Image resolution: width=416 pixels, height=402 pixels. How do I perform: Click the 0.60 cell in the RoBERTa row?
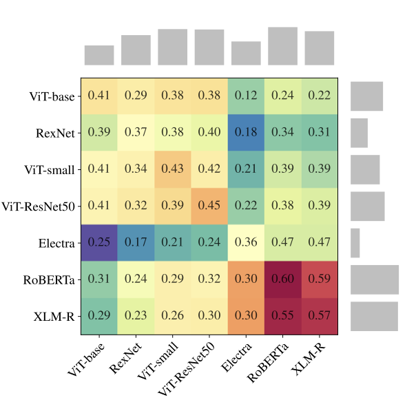(282, 279)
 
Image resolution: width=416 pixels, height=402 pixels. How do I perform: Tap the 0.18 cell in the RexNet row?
(246, 132)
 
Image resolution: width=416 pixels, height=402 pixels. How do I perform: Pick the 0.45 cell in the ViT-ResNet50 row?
(209, 206)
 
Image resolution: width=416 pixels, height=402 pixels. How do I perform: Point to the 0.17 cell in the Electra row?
(136, 243)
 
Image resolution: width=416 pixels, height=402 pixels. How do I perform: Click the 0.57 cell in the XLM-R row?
(319, 316)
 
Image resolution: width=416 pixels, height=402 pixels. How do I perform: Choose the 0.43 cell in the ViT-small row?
(172, 169)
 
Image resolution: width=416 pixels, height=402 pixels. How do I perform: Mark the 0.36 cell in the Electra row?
(246, 243)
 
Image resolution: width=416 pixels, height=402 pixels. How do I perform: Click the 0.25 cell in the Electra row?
(99, 243)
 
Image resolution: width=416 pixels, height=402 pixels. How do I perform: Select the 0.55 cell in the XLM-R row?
(282, 316)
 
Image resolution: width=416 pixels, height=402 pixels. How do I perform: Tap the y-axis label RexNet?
(56, 132)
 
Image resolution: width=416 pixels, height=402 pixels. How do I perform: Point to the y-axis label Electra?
(56, 243)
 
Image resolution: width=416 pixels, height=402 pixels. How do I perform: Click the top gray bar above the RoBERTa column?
(282, 46)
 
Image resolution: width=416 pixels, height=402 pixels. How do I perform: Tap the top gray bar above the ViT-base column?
(99, 55)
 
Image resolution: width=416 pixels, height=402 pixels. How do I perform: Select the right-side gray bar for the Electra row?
(355, 243)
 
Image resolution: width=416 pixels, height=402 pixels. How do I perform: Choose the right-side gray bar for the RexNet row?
(359, 132)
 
